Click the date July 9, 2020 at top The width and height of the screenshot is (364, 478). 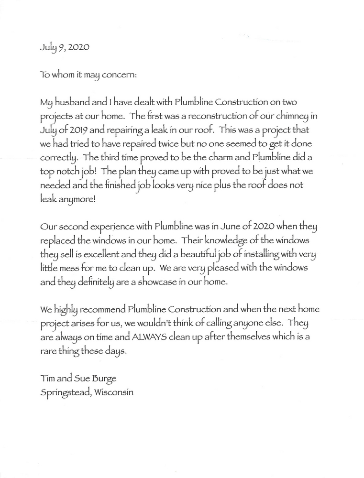tap(63, 48)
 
